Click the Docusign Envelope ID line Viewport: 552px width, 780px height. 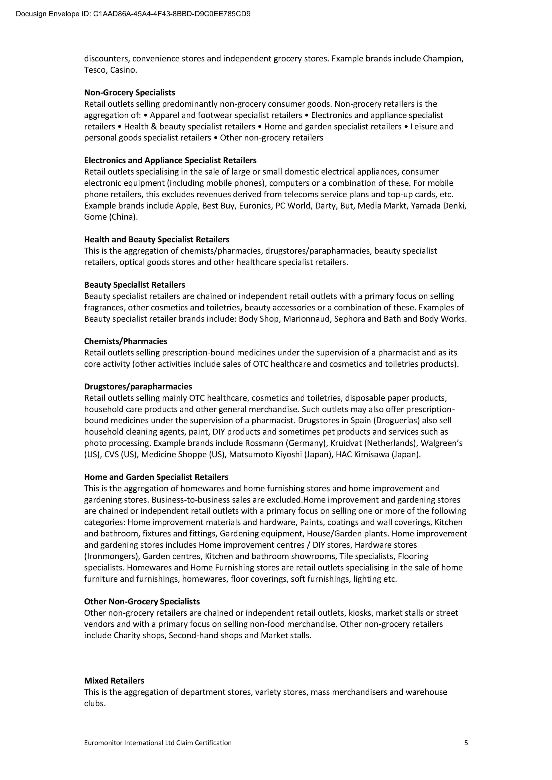click(133, 14)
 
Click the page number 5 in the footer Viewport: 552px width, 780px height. click(466, 743)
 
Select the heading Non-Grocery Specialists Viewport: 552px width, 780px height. click(129, 92)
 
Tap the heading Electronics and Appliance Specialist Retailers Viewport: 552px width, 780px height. click(170, 160)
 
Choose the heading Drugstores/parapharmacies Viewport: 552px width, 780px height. click(138, 386)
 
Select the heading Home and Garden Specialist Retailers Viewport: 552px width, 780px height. click(156, 477)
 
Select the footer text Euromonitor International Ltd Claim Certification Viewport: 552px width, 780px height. click(158, 743)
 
